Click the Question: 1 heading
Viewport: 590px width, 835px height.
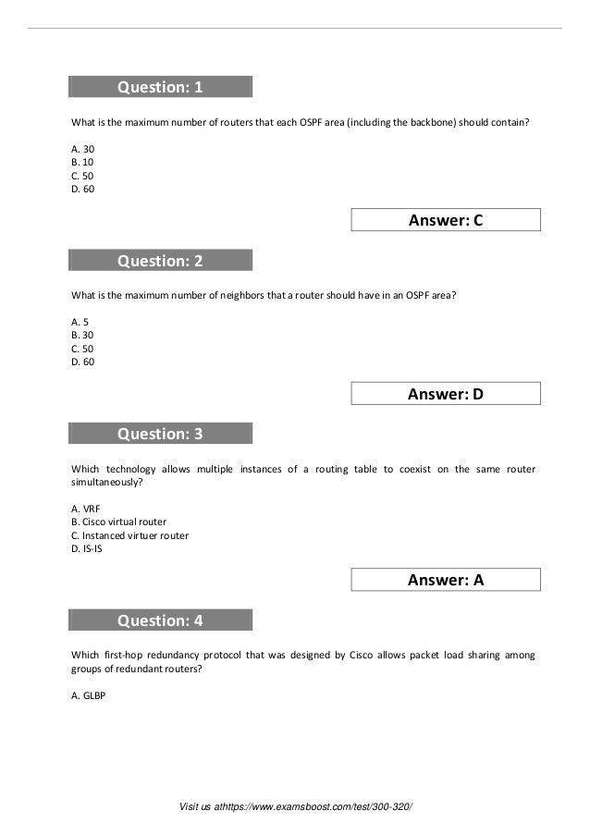point(159,87)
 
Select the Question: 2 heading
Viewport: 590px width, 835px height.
point(159,261)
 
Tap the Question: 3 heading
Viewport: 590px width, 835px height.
point(159,434)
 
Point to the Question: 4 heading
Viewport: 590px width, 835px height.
point(159,620)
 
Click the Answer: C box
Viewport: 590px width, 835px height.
point(446,220)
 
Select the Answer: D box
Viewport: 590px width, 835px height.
point(446,394)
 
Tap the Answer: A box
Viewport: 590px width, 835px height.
point(446,580)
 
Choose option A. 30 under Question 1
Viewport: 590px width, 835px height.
point(82,148)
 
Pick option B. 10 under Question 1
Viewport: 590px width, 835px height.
point(82,162)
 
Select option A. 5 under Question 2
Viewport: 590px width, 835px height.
point(80,321)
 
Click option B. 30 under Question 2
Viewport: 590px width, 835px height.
point(82,335)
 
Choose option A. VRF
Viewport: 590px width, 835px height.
point(86,508)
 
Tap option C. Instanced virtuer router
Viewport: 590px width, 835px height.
point(129,535)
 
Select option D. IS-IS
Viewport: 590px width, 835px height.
point(86,549)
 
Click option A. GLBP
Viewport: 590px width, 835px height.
point(89,696)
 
